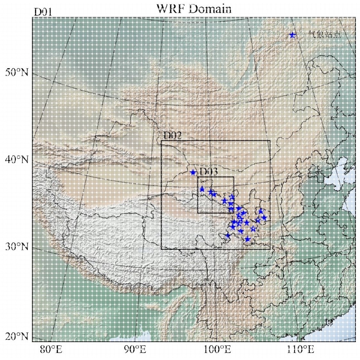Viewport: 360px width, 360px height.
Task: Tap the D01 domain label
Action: click(43, 12)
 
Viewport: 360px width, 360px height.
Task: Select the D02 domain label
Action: click(172, 135)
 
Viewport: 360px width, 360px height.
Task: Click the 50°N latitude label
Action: click(17, 72)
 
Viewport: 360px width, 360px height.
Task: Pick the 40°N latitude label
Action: click(17, 159)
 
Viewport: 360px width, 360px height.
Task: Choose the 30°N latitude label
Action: click(17, 247)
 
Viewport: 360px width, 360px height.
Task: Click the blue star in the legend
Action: click(292, 35)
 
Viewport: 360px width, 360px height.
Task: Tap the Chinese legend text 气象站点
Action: click(324, 35)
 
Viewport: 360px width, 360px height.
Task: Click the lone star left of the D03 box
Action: click(193, 172)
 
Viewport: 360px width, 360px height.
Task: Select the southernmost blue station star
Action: click(247, 239)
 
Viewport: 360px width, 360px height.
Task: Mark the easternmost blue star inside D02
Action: click(264, 218)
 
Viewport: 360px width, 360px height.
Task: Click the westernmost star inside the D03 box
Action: click(202, 189)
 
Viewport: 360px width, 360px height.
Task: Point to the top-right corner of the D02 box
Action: click(270, 140)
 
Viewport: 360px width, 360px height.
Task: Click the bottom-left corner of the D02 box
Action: click(161, 249)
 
